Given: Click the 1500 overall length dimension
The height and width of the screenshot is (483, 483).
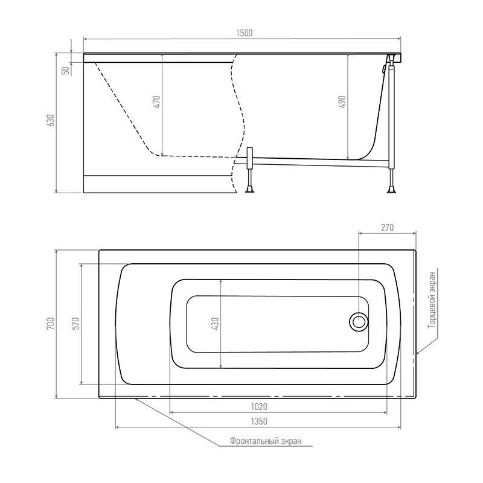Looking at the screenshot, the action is click(x=245, y=33).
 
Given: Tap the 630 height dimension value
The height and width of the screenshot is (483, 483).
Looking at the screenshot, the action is click(x=51, y=120).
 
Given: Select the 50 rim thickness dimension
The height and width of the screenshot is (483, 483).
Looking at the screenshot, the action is click(x=66, y=71).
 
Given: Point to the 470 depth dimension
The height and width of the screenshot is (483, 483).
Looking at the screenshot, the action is click(x=157, y=101).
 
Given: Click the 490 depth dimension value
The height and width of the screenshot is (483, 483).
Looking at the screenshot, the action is click(x=342, y=101).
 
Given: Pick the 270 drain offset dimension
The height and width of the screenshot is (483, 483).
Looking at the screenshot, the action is click(x=387, y=228).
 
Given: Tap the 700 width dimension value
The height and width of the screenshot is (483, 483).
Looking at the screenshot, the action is click(x=51, y=324).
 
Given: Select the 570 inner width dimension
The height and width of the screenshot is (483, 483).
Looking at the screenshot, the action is click(x=76, y=324).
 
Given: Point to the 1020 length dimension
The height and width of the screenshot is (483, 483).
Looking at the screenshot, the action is click(x=259, y=407).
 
